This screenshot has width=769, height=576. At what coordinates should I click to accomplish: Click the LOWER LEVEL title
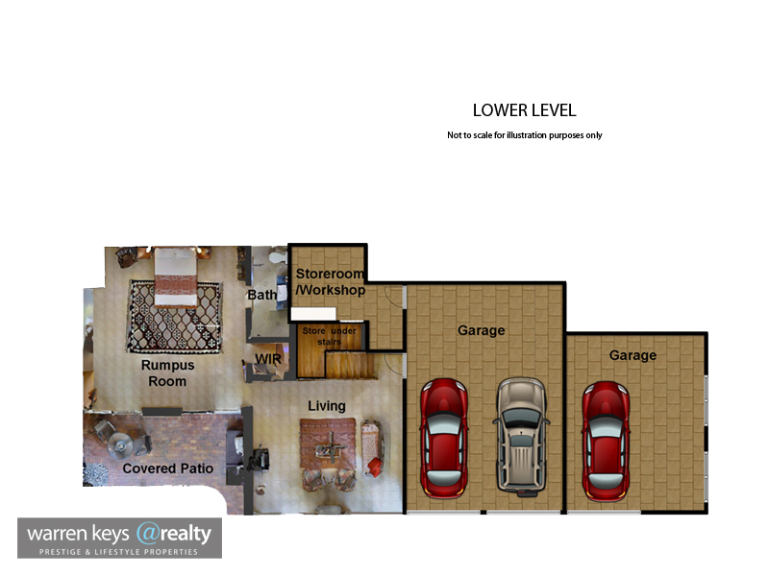click(x=524, y=110)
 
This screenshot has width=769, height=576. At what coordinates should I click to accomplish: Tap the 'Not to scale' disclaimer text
click(x=524, y=135)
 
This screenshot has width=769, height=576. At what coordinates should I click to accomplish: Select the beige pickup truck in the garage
click(x=521, y=437)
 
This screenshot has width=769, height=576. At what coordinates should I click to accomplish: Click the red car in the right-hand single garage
click(x=606, y=441)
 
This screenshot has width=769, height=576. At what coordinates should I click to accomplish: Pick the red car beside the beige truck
click(x=443, y=438)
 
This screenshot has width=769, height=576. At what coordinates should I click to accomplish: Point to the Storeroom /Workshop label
click(x=330, y=281)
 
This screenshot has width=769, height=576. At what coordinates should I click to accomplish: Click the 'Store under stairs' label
click(x=329, y=336)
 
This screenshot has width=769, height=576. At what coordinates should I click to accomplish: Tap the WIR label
click(x=268, y=359)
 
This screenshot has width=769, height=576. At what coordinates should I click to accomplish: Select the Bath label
click(x=261, y=295)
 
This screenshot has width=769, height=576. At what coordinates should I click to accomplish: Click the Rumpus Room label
click(x=167, y=373)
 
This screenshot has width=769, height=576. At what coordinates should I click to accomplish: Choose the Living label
click(x=327, y=406)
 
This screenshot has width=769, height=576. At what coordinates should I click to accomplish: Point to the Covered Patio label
click(x=167, y=468)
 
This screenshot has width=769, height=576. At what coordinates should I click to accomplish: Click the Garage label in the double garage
click(x=482, y=330)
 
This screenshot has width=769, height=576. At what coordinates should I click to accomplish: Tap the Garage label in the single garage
click(x=633, y=355)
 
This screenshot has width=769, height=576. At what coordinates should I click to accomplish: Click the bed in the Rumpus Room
click(x=176, y=276)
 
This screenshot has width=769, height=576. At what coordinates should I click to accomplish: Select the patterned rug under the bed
click(x=175, y=316)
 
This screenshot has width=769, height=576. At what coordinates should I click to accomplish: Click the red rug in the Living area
click(x=328, y=444)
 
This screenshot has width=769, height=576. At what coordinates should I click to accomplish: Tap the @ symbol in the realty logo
click(x=147, y=534)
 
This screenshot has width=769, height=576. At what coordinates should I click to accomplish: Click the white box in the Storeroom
click(x=313, y=314)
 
